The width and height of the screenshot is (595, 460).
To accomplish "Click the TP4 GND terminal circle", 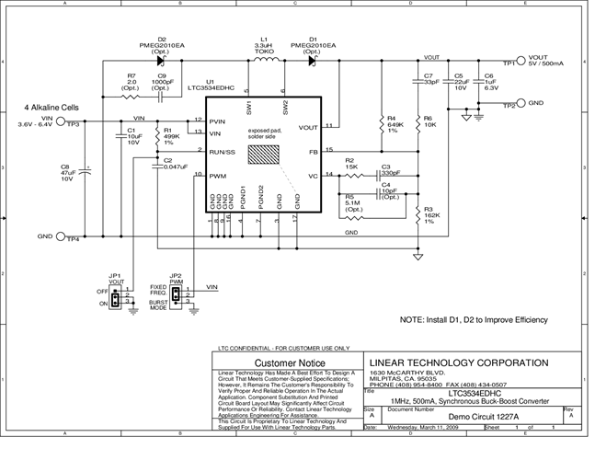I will click(x=62, y=237).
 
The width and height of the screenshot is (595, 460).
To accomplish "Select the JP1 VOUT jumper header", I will click(x=116, y=299).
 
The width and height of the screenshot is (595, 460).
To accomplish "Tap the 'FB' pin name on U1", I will click(x=313, y=150).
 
